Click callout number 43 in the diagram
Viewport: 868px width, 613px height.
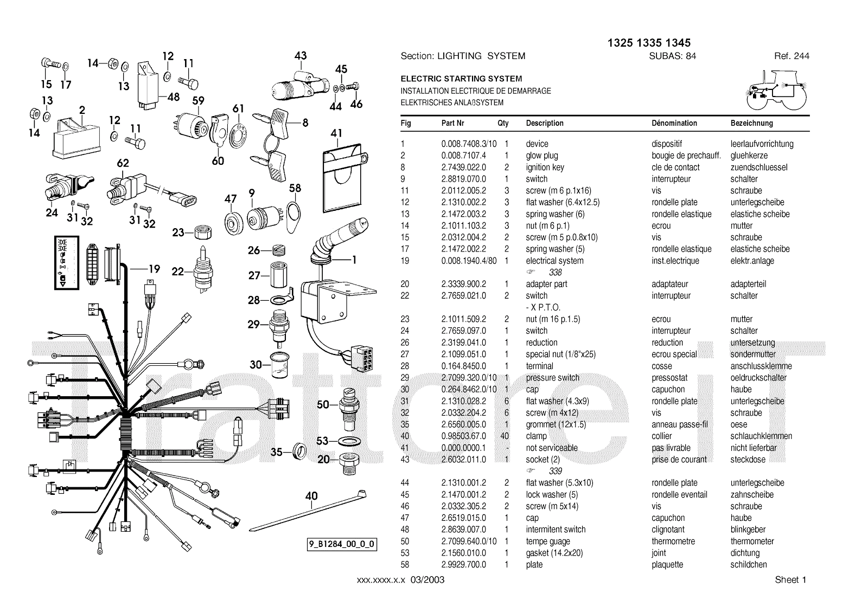301,55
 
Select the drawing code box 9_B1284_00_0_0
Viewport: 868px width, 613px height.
342,544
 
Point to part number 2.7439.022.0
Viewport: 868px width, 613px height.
463,167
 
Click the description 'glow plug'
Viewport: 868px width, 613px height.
541,156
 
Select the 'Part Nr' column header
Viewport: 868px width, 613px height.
452,123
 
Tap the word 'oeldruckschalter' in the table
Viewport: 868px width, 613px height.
758,378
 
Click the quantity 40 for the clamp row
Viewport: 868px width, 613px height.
505,436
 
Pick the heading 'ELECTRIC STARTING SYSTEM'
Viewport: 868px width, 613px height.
461,79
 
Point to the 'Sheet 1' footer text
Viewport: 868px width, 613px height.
790,580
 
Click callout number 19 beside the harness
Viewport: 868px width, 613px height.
155,268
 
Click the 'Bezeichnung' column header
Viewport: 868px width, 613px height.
751,123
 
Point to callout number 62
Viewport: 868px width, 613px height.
123,163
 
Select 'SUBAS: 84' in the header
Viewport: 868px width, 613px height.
672,56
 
